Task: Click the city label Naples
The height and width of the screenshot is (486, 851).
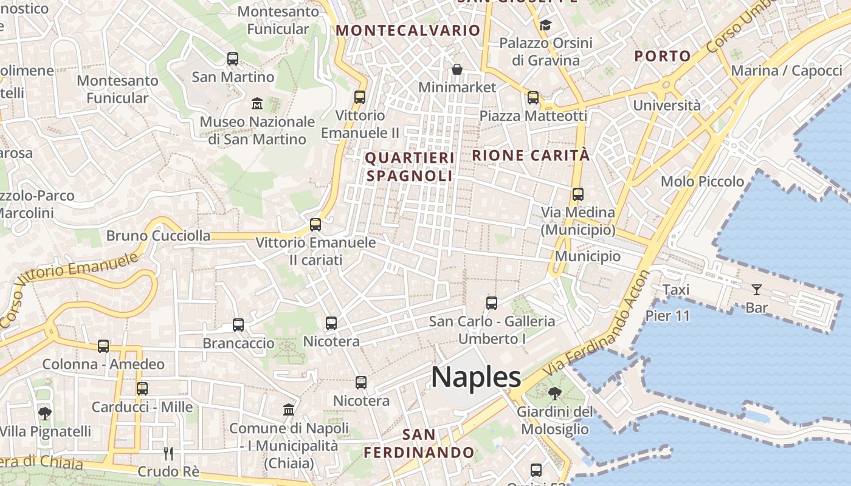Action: (476, 377)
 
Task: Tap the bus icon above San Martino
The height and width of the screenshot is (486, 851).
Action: (233, 59)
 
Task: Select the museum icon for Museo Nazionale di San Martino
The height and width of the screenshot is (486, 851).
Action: (257, 103)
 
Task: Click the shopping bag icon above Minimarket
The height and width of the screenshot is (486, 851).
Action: (457, 69)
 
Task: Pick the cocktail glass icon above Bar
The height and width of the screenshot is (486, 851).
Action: (757, 289)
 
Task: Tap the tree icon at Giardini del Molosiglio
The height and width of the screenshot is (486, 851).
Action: (554, 394)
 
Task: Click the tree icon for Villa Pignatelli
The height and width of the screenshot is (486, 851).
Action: (44, 414)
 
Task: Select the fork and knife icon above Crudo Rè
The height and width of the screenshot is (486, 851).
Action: (168, 453)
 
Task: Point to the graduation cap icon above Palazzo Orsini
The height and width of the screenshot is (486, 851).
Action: (545, 25)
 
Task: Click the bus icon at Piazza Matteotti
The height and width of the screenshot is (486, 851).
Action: (533, 97)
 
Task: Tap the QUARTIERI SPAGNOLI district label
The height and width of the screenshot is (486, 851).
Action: (410, 167)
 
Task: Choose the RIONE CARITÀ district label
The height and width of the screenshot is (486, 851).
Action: (531, 156)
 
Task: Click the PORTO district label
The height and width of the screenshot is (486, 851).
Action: (663, 56)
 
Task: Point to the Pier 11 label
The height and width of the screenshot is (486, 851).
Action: (667, 316)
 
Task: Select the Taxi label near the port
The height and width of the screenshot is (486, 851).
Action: (676, 290)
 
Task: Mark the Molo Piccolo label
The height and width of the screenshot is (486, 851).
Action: (702, 182)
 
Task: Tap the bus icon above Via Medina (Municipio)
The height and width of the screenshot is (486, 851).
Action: (577, 194)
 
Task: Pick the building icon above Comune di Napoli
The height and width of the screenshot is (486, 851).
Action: (289, 409)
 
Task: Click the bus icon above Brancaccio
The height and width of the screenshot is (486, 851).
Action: (238, 325)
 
